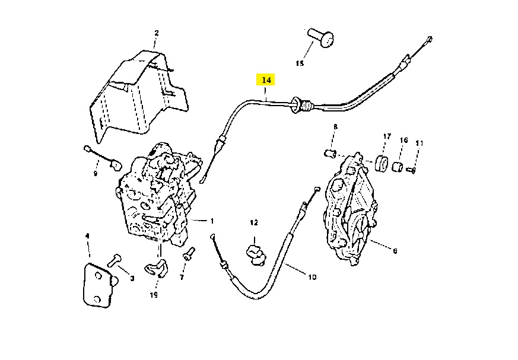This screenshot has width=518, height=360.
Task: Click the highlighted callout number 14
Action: coord(266,80)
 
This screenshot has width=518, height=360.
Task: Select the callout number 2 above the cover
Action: coord(157,33)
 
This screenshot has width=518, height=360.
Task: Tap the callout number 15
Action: coord(300,63)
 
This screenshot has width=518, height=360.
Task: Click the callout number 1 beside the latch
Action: coord(212,221)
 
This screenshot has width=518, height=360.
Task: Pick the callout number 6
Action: coord(395,251)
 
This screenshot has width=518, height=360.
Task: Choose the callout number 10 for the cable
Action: coord(312,277)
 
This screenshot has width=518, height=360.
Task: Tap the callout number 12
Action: coord(254,223)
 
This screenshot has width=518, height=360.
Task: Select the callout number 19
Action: coord(154,295)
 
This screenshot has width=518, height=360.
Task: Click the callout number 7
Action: coord(182,278)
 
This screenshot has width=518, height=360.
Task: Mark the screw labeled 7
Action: coord(189,253)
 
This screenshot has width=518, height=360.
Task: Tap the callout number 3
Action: coord(132,278)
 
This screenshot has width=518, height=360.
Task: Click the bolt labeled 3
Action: coord(114,260)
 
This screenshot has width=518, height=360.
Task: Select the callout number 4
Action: coord(87,236)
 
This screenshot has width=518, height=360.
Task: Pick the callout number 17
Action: coord(387,136)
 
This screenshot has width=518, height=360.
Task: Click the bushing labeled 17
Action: coord(382,163)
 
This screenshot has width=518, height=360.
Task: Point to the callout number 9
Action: coord(96,174)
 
